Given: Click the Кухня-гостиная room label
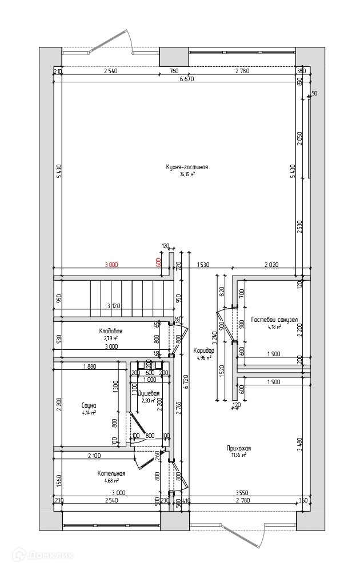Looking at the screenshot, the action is click(186, 167).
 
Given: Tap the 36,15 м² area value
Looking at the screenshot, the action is click(187, 174).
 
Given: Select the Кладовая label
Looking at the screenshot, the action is click(110, 331).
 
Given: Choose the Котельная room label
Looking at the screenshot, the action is click(111, 473).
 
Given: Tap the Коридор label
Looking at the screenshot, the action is click(203, 350).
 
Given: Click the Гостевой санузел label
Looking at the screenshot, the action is click(274, 320).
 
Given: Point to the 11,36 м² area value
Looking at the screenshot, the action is click(239, 456).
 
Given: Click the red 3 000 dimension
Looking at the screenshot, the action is click(111, 265).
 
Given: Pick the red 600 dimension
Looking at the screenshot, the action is click(158, 265).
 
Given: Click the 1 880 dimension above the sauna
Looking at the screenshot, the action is click(89, 366).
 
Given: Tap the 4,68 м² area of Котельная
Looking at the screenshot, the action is click(111, 481).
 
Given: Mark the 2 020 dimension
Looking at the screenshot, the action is click(271, 265).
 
